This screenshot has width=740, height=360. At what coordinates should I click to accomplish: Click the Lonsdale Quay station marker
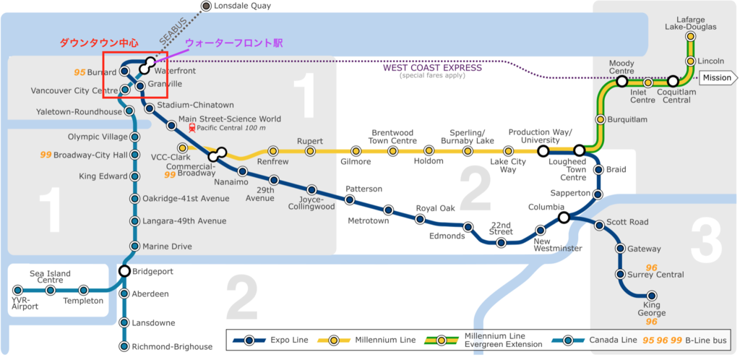206,6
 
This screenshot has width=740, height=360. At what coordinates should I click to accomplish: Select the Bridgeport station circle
124,271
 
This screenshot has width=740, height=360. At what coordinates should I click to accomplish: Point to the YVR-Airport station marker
18,290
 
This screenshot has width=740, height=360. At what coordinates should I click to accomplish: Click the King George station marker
652,296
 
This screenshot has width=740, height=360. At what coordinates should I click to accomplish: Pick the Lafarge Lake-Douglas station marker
690,36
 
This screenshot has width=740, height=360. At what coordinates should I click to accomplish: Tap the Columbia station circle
564,218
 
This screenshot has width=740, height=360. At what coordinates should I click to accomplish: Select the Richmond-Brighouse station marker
124,347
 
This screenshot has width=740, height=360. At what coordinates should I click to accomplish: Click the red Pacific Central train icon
192,127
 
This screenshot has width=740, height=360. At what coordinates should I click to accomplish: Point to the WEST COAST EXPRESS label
432,68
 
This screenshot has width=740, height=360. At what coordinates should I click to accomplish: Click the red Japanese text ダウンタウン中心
98,43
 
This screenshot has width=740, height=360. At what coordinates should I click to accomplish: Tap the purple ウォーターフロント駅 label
233,43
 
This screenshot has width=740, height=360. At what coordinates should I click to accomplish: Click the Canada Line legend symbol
568,340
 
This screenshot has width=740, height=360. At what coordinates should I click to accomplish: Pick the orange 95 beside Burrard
79,73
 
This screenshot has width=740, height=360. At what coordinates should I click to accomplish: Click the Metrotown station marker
388,210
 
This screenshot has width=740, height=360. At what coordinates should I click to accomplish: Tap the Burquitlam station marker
601,120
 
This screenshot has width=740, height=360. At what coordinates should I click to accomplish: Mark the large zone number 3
707,243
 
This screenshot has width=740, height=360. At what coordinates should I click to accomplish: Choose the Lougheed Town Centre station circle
580,151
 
